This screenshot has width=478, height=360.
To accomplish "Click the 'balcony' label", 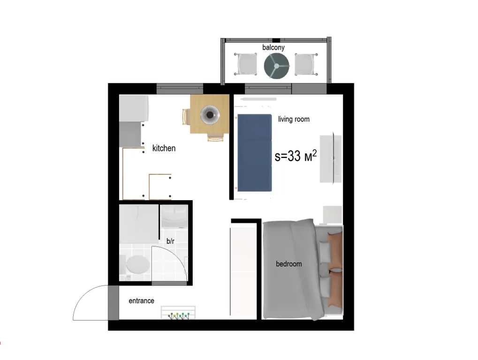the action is pos(273,47).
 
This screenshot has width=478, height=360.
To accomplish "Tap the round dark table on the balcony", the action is pos(276,66).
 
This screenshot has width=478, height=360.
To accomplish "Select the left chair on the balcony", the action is pos(246,64).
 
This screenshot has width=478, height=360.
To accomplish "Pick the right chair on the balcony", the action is pos(306,64).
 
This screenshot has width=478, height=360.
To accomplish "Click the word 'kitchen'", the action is pos(164,148).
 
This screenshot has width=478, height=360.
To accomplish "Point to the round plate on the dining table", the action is pos(210,115).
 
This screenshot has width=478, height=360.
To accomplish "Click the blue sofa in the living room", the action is pos(255,153).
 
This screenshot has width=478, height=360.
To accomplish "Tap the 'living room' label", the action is pos(294,119).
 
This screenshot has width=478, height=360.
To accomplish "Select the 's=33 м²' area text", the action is pos(296,156).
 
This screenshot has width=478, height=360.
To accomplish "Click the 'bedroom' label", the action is pos(288,264).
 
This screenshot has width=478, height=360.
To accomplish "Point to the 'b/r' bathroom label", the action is pos(170,241).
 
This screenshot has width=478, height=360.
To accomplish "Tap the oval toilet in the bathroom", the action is pos(137,264).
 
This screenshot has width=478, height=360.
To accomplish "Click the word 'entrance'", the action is pos(142,301).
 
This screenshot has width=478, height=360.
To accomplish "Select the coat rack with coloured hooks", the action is pos(178,313).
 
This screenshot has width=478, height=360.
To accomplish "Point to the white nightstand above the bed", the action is pos(333,215).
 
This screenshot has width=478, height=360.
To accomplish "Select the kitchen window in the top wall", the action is pos(180,89).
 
